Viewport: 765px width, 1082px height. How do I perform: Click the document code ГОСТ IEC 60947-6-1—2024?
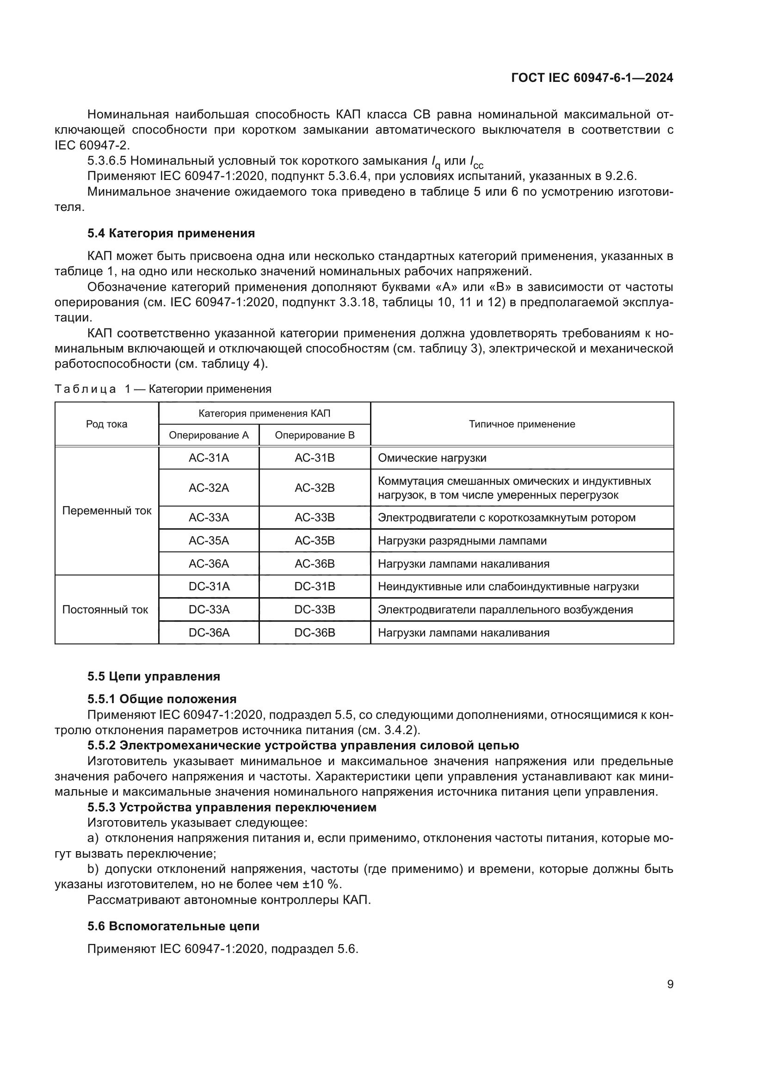[592, 78]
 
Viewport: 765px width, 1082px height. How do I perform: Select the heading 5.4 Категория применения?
[171, 233]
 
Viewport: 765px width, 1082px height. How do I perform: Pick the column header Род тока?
[106, 424]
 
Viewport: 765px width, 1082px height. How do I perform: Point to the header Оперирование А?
[209, 435]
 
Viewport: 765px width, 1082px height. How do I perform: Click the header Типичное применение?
[522, 424]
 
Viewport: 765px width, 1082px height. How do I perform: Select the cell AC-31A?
[209, 458]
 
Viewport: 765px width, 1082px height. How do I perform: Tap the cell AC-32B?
[315, 488]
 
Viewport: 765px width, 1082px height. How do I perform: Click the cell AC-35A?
[209, 540]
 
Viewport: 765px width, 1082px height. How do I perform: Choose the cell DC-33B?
[315, 610]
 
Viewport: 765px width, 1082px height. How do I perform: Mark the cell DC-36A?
[209, 633]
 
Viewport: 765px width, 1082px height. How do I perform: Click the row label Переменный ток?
[106, 511]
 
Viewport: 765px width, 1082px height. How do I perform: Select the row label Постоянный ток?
[105, 610]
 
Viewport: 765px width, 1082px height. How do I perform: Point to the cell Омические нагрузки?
[432, 458]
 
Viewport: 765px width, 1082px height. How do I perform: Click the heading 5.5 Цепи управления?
[154, 677]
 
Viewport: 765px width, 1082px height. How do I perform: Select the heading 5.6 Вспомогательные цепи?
[173, 927]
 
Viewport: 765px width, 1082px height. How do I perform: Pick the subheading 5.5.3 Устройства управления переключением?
[232, 807]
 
